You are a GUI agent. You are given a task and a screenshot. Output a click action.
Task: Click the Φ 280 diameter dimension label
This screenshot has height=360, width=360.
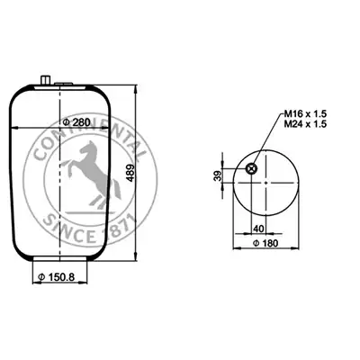pyautogui.click(x=76, y=122)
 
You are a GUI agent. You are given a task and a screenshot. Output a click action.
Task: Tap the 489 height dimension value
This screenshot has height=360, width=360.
pyautogui.click(x=130, y=173)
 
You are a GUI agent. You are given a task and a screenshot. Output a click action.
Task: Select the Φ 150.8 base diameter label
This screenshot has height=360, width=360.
pyautogui.click(x=57, y=277)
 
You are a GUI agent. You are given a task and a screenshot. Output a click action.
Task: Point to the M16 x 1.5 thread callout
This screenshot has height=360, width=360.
pyautogui.click(x=305, y=114)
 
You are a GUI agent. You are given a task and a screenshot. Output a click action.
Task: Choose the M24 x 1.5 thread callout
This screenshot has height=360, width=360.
pyautogui.click(x=305, y=123)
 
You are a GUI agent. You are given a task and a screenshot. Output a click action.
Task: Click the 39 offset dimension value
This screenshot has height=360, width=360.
pyautogui.click(x=220, y=175)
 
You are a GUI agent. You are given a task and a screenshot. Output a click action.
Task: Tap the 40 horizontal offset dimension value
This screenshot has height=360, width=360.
pyautogui.click(x=258, y=229)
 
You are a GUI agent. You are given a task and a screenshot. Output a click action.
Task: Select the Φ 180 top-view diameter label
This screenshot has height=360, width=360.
pyautogui.click(x=265, y=243)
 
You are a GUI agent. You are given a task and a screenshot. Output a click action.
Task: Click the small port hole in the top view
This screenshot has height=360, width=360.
pyautogui.click(x=250, y=169)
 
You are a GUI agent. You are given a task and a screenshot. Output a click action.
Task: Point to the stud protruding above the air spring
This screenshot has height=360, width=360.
pyautogui.click(x=45, y=81)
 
